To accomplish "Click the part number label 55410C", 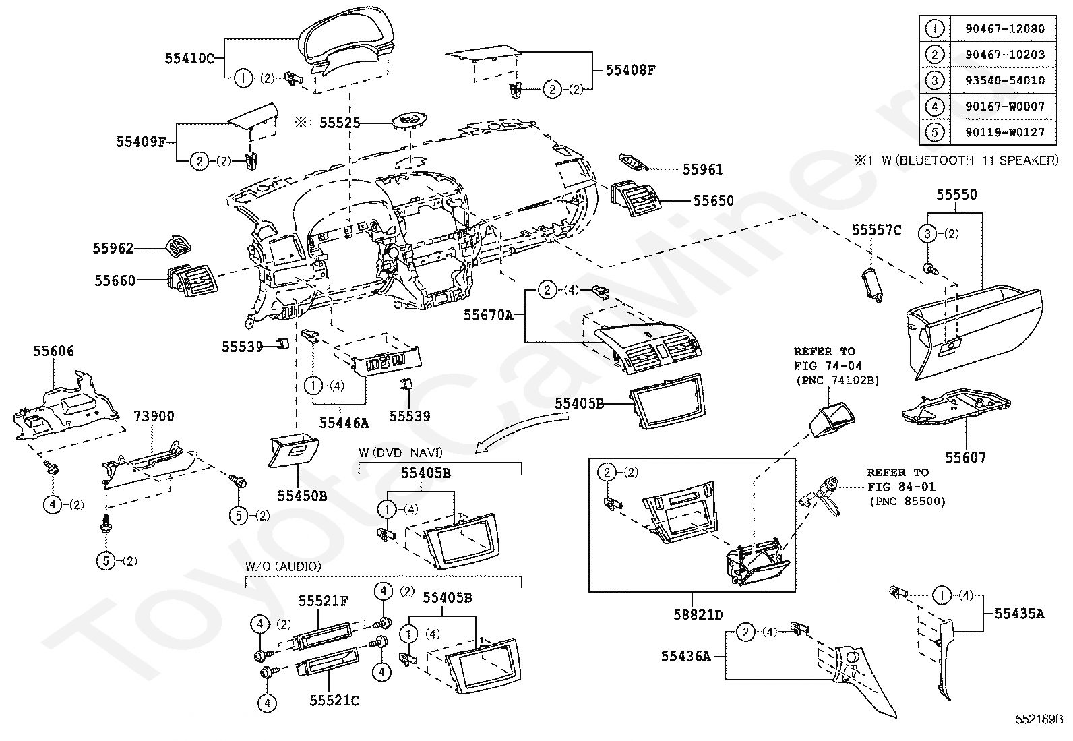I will coord(189,59).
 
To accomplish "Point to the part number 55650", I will coord(713,201).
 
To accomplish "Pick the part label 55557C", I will coord(876,230).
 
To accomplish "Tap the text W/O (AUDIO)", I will coord(283,566).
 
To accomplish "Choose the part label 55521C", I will coord(334,701).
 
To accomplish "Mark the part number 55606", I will coord(54,351).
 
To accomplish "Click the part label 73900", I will coord(153,416).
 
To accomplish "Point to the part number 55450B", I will coord(302,496).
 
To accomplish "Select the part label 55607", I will coord(965,457).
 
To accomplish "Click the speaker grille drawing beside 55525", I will coord(408,122).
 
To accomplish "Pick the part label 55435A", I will coord(1019,614).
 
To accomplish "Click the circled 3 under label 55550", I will coord(928,234).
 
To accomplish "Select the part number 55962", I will coord(113,249).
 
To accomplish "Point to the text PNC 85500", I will coord(907,501).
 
